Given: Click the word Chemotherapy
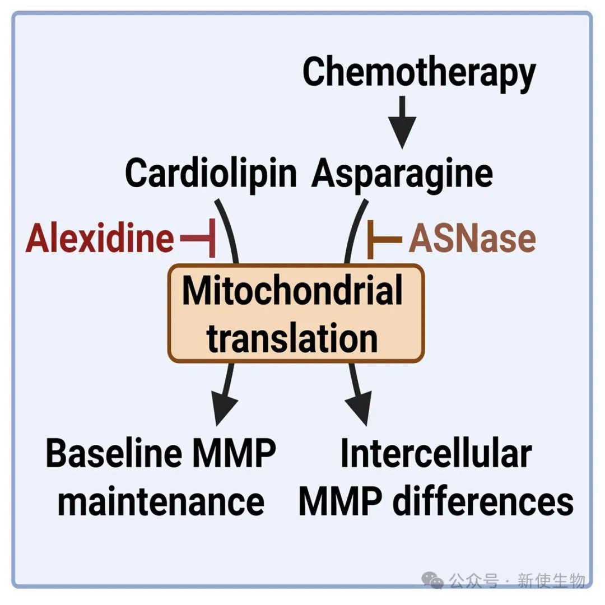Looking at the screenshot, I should pyautogui.click(x=419, y=73).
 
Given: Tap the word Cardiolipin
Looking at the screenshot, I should pyautogui.click(x=211, y=173).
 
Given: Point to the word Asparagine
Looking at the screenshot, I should pyautogui.click(x=403, y=173).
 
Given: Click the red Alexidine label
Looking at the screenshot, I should pyautogui.click(x=100, y=240).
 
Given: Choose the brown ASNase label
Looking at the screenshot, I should pyautogui.click(x=472, y=240).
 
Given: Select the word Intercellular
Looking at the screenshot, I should pyautogui.click(x=436, y=455).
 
